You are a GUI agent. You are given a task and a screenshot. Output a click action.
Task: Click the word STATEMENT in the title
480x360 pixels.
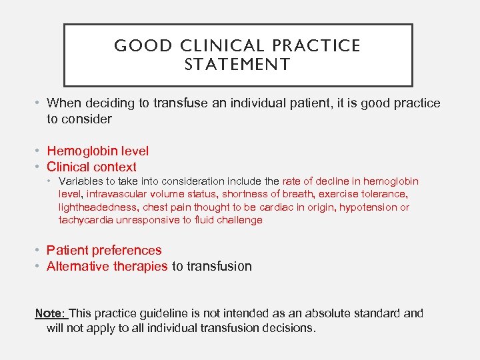click(x=237, y=65)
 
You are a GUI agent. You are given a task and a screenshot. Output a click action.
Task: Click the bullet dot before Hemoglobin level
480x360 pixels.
click(x=39, y=151)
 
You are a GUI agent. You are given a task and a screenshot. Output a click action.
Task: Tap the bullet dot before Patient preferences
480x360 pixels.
click(x=39, y=251)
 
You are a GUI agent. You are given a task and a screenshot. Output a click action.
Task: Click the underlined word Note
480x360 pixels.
click(x=49, y=313)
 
